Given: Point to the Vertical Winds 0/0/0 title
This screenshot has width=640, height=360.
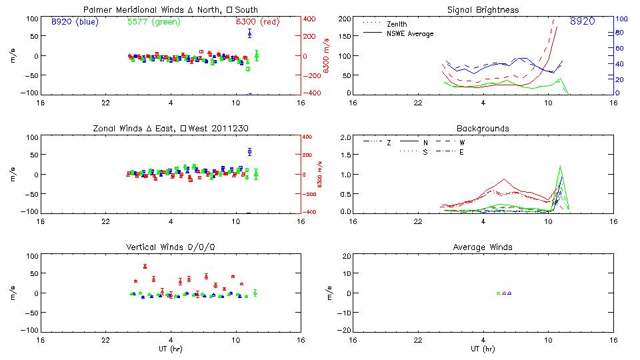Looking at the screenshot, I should (x=171, y=247).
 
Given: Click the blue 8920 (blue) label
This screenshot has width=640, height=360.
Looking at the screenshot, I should (x=74, y=21).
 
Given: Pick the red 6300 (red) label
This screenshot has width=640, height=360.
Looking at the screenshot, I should (x=257, y=21).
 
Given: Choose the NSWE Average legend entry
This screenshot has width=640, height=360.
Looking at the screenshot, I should (x=409, y=33).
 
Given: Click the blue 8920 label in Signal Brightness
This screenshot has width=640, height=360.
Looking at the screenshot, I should (x=582, y=21).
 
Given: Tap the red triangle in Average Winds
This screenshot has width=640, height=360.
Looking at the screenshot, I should (x=504, y=293).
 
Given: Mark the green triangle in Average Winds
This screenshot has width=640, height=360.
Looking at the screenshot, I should (x=498, y=293).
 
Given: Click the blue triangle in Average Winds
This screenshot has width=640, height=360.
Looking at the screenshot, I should (x=509, y=293).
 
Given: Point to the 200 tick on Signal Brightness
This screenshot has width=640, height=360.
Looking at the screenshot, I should (x=344, y=19).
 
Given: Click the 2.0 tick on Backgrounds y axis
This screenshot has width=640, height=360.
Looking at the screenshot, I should (x=345, y=137).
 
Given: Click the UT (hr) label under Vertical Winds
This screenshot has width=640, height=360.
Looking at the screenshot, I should (x=171, y=349).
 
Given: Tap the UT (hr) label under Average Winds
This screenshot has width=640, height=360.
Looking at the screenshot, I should (x=483, y=349).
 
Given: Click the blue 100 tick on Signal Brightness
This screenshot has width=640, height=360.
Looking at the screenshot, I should (x=619, y=19).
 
